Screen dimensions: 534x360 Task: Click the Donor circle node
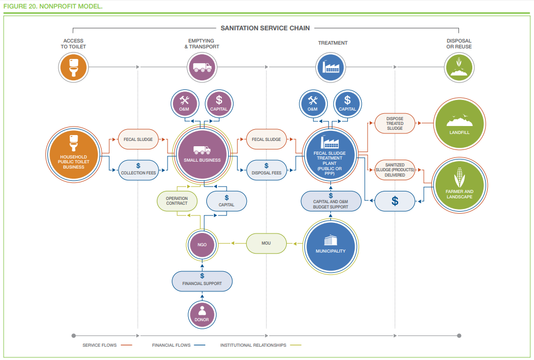coord(202,315)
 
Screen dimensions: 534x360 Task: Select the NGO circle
coord(202,245)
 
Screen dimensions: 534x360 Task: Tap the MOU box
coord(266,243)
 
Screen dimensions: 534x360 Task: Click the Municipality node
coord(330,246)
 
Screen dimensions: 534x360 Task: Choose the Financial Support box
coord(202,281)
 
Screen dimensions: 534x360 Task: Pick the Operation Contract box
coord(177,201)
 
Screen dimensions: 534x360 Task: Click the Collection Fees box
coord(138,170)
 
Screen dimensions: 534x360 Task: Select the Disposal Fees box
coord(266,170)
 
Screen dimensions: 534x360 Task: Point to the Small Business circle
coord(202,154)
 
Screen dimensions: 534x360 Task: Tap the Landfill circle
coord(460,123)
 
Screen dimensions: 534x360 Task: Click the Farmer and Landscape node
coord(460,185)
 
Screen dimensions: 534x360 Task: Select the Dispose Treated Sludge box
coord(395,123)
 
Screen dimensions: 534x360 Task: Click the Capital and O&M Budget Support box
coord(331,201)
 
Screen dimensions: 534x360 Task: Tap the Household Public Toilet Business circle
coord(73,155)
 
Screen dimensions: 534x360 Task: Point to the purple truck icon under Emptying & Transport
coord(202,67)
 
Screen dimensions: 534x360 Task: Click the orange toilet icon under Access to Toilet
coord(73,67)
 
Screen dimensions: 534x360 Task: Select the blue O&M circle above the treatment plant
coord(313,104)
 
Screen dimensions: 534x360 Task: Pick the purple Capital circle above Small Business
coord(219,104)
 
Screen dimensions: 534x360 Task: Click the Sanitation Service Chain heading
coord(265,28)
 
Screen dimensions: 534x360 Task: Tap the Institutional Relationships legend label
coord(253,345)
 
